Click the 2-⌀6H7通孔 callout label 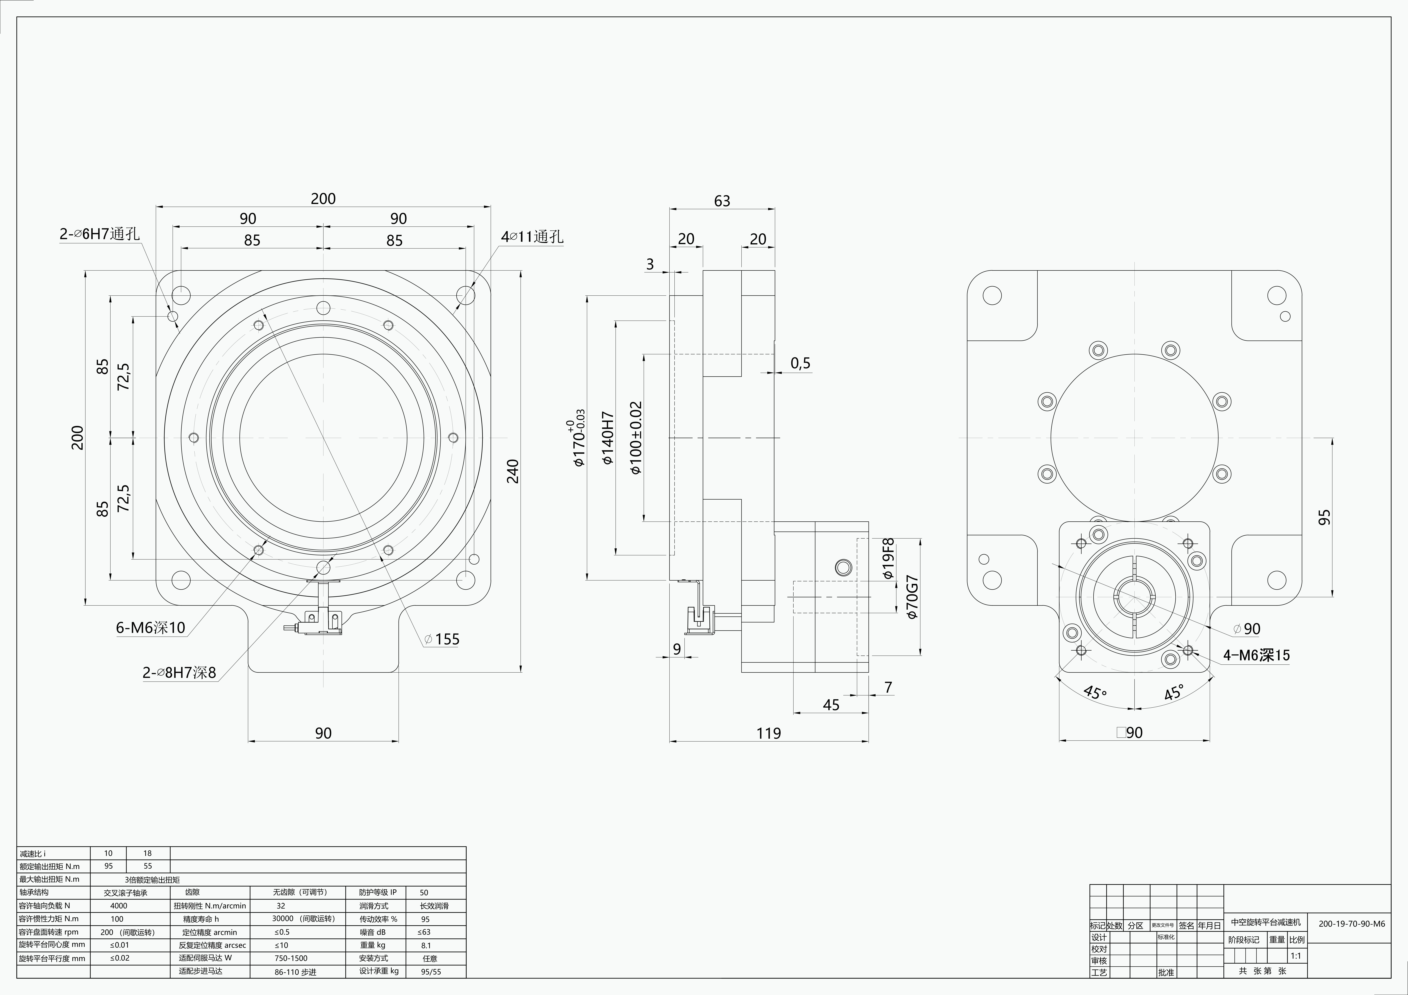[99, 234]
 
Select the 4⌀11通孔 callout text [532, 237]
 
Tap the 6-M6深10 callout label [150, 627]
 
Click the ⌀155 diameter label [441, 639]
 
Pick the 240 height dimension [513, 471]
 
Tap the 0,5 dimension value [800, 363]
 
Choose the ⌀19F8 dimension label [888, 559]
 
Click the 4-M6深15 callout [1256, 655]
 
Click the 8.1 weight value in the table [426, 945]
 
